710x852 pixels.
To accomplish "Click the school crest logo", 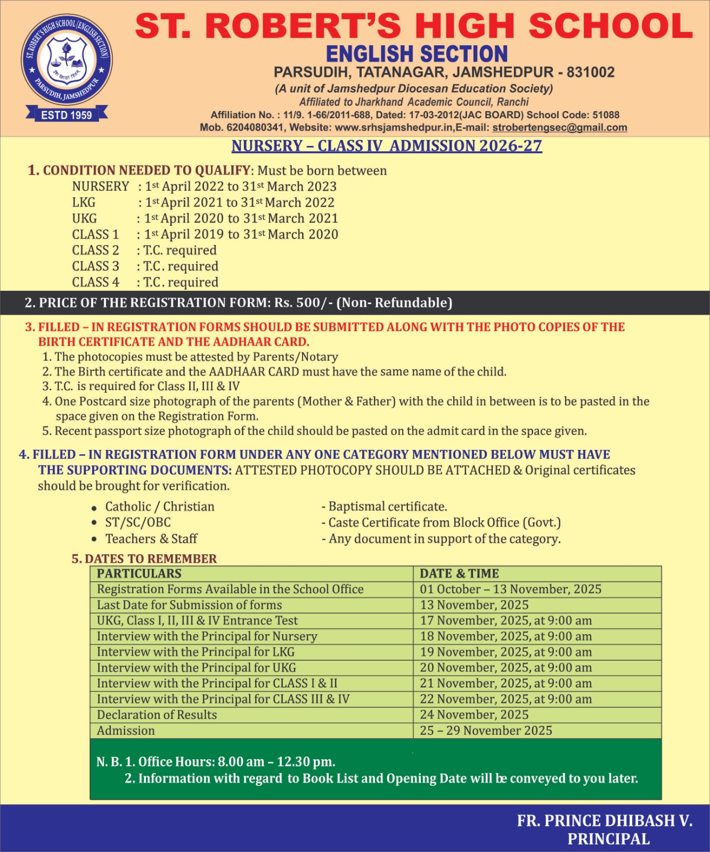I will coord(67,60).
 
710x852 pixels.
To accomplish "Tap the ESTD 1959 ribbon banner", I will coord(67,115).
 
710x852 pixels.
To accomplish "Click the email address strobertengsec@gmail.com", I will coord(559,128).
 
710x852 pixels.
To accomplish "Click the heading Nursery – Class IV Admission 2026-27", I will coord(387,146).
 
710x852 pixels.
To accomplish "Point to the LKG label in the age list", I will coord(84,203).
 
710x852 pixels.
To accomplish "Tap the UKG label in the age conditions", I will coord(85,219).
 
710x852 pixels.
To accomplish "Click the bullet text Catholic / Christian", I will coord(160,507).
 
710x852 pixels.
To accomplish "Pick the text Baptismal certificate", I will coord(387,507).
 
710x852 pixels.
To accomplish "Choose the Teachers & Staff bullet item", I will coord(151,539).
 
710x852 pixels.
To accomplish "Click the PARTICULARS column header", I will coord(139,574).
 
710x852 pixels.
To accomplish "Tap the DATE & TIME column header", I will coord(459,574).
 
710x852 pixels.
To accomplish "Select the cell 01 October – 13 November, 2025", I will coord(510,589).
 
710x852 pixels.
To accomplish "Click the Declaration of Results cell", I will coord(157,715).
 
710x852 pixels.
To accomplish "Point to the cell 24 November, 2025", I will coord(474,715).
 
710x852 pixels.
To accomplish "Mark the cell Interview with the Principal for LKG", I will coord(195,652).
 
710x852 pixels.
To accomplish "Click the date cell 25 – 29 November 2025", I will coord(486,731).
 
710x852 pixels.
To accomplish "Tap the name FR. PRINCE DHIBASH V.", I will coord(605,821).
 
